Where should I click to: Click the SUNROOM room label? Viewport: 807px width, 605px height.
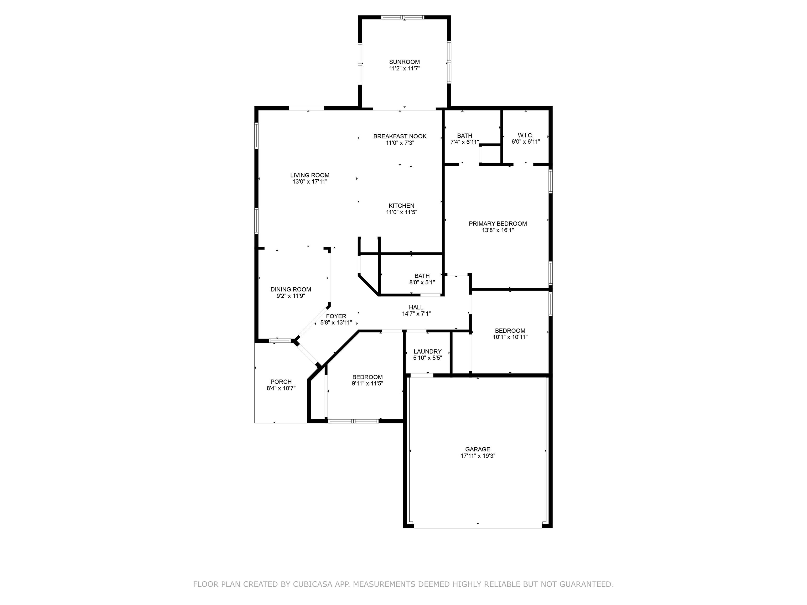coord(404,62)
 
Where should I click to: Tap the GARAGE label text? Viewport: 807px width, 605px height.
coord(478,449)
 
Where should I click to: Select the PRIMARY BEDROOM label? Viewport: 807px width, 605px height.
coord(498,223)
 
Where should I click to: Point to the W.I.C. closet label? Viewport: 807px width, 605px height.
coord(525,135)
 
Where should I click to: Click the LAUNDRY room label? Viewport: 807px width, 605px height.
coord(428,352)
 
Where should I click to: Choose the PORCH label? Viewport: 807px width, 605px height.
coord(281,382)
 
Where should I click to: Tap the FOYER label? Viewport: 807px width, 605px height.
coord(336,316)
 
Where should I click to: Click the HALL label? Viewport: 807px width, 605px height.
coord(416,307)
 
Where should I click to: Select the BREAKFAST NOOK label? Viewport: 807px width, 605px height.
coord(400,136)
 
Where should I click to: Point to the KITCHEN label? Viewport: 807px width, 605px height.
coord(401,206)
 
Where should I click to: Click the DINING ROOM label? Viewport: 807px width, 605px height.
coord(291,290)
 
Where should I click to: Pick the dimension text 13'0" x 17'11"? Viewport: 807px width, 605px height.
coord(310,182)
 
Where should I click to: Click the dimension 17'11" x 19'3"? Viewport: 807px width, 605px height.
coord(478,456)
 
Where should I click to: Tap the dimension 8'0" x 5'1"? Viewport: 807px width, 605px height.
coord(422,282)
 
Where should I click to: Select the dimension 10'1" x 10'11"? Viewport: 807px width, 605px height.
coord(510,337)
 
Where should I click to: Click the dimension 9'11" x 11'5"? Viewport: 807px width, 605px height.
coord(368,384)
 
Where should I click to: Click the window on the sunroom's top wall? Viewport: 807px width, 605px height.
coord(403,17)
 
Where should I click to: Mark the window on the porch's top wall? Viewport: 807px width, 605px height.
coord(280,341)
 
